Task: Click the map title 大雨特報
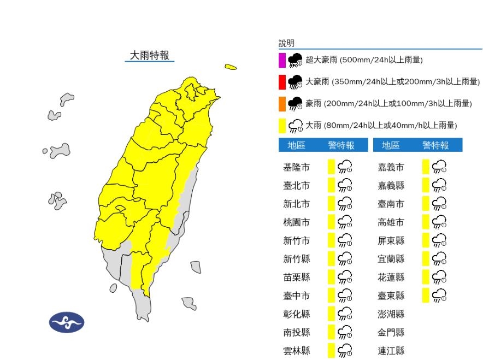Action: (149, 55)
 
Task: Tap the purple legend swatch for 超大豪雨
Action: (282, 60)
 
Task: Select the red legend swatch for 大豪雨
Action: (282, 81)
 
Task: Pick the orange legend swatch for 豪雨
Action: (282, 103)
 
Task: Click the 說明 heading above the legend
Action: (286, 43)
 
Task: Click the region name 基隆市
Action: (296, 167)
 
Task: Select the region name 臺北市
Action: (296, 186)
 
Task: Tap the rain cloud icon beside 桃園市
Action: (345, 222)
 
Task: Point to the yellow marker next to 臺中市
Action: (331, 296)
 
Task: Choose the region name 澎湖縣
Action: (391, 314)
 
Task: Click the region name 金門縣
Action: (391, 332)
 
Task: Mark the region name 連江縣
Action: (391, 351)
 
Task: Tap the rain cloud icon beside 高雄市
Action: (439, 222)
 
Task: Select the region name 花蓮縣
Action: (391, 278)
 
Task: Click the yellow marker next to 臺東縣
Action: (426, 296)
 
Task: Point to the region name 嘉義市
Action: (391, 167)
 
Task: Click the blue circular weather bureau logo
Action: (67, 323)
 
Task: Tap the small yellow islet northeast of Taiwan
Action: (231, 67)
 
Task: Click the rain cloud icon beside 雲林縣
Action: (345, 351)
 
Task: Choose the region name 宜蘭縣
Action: (391, 259)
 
